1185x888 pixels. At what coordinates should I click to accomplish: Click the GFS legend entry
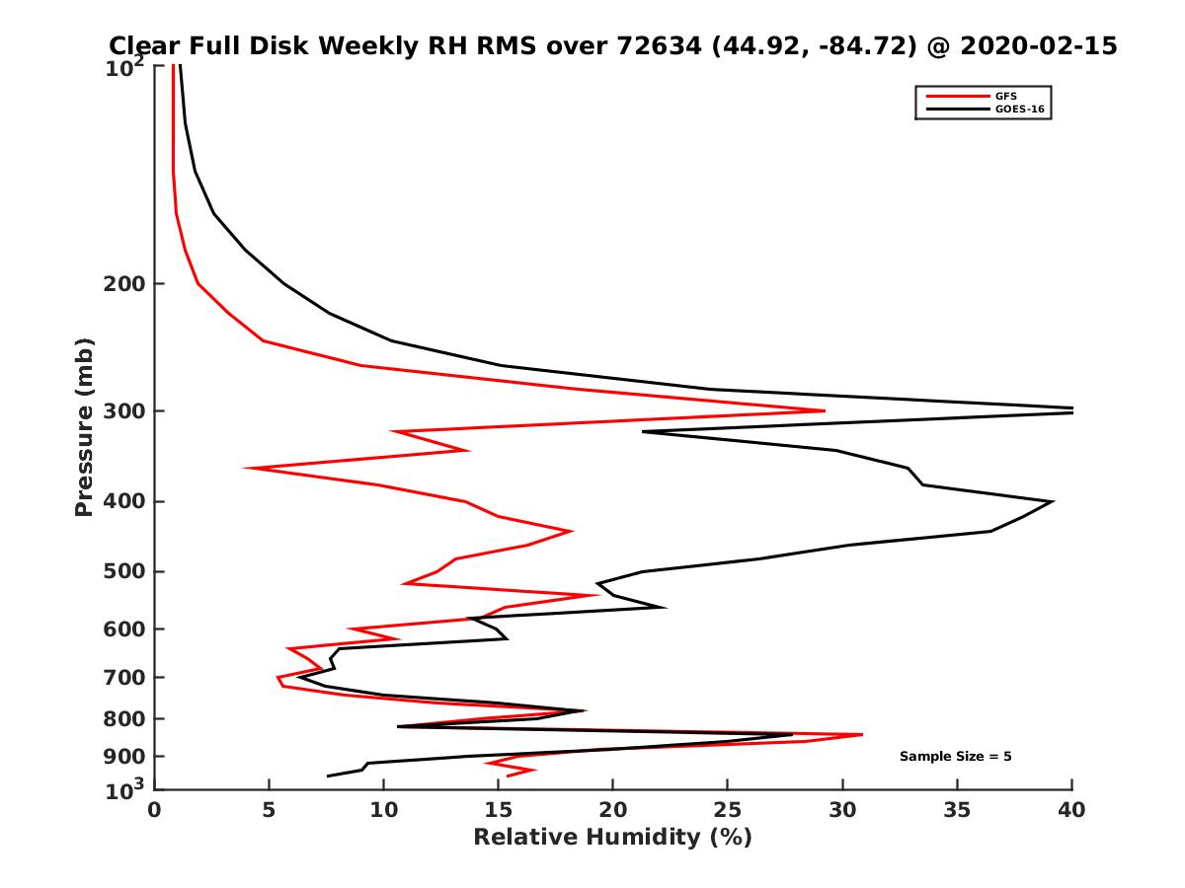(x=1006, y=96)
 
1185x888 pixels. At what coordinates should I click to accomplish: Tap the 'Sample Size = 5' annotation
(x=955, y=757)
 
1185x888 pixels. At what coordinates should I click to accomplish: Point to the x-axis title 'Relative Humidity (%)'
(x=612, y=838)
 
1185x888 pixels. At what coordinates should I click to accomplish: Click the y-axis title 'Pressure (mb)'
(x=84, y=427)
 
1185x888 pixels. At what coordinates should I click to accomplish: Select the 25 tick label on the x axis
(x=728, y=811)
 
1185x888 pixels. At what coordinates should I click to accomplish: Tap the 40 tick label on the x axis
(x=1071, y=811)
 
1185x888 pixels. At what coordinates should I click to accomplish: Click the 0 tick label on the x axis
(x=154, y=811)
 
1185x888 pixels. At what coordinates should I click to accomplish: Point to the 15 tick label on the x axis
(x=498, y=811)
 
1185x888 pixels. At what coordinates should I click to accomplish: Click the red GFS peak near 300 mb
(x=824, y=410)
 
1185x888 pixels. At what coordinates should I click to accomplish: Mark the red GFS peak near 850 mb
(x=862, y=734)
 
